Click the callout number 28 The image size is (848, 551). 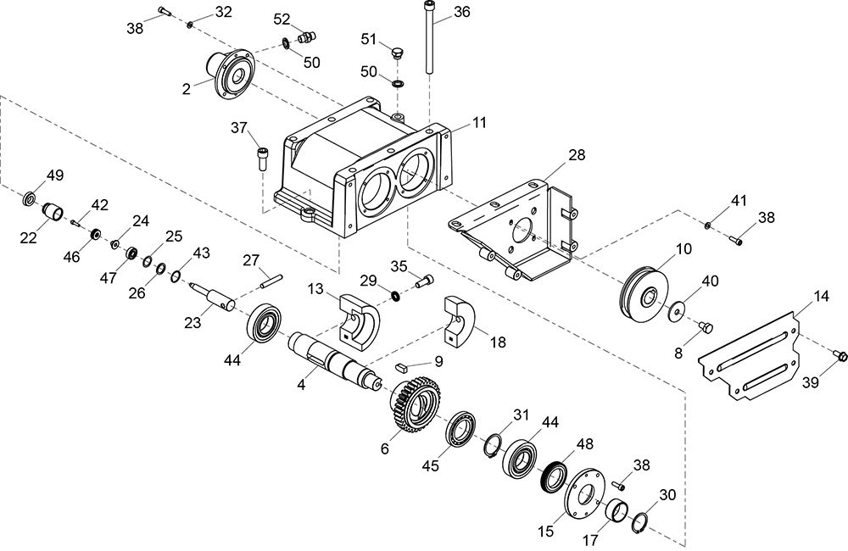577,155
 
